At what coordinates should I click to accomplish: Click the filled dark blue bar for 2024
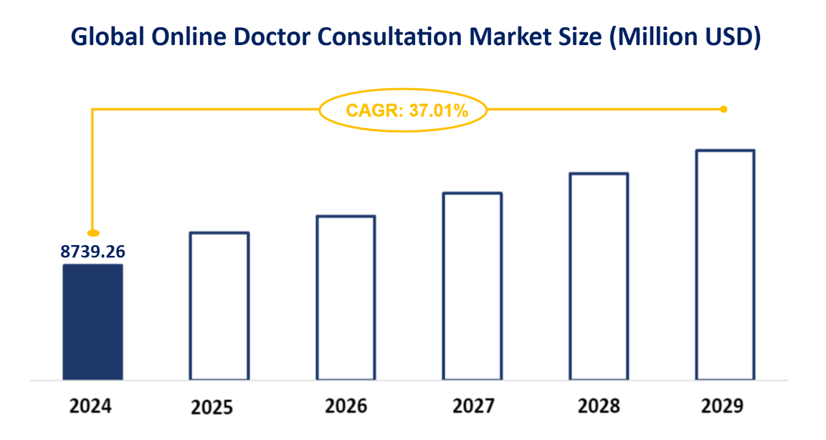[x=92, y=322]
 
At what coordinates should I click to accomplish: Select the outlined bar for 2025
[x=219, y=305]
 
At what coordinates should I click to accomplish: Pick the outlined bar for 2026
[x=346, y=297]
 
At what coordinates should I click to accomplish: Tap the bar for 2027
[x=472, y=286]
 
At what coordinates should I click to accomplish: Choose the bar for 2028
[x=599, y=276]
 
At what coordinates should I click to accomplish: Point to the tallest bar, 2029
[x=725, y=264]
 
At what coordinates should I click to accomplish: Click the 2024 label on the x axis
[x=91, y=406]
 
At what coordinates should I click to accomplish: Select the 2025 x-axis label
[x=212, y=408]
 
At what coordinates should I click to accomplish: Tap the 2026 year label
[x=346, y=406]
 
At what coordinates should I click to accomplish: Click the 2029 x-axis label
[x=723, y=406]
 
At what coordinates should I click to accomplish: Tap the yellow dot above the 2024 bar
[x=92, y=233]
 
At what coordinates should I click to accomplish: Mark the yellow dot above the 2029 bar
[x=723, y=110]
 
